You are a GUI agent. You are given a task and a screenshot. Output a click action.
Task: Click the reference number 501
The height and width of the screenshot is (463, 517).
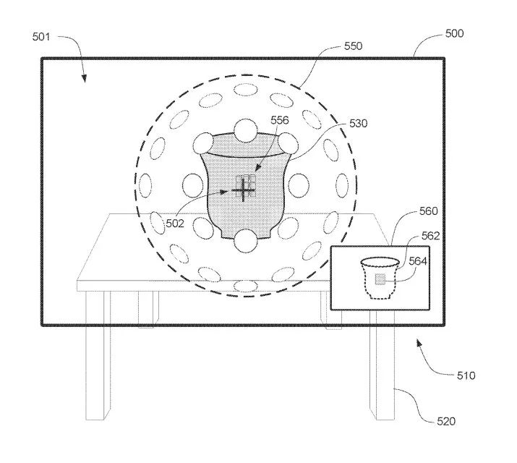(x=41, y=37)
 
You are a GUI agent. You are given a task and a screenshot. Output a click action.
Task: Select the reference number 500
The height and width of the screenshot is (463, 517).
(x=454, y=33)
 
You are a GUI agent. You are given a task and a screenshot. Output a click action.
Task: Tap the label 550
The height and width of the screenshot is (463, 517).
(x=353, y=46)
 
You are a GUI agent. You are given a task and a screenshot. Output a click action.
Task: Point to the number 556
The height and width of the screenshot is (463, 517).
(x=280, y=120)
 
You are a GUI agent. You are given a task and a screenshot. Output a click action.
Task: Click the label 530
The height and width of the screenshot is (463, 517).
(x=358, y=123)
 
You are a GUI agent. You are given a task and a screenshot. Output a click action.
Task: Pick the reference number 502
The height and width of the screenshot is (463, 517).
(x=174, y=224)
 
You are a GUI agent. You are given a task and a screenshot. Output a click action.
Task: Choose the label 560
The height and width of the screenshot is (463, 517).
(x=428, y=211)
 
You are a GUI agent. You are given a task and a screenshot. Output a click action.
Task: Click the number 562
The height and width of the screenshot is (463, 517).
(x=431, y=236)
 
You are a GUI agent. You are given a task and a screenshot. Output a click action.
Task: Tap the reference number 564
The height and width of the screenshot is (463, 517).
(x=418, y=261)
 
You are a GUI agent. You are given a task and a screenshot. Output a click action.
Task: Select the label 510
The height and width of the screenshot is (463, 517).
(x=466, y=375)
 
